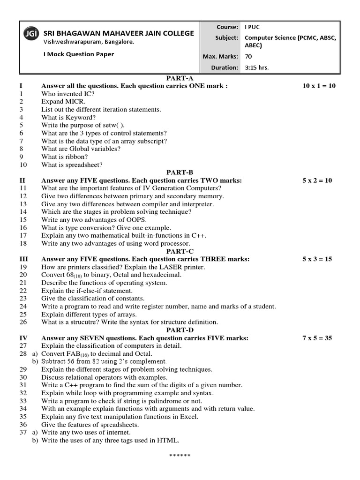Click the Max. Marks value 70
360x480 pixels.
click(248, 56)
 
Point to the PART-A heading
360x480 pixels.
click(180, 78)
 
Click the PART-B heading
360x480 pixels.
click(180, 172)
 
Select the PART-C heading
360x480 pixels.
click(180, 251)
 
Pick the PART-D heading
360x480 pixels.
click(180, 330)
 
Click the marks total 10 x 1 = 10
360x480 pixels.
click(319, 86)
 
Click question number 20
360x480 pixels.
click(23, 275)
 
